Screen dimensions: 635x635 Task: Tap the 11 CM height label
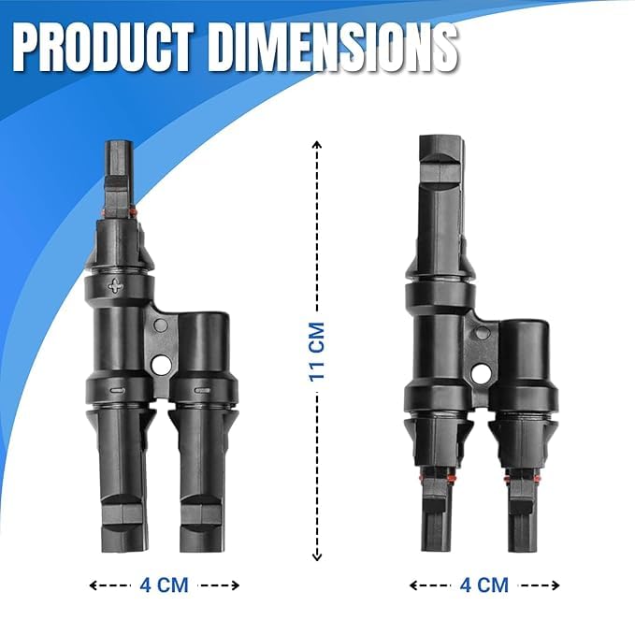click(317, 351)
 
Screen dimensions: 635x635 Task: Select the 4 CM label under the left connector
click(164, 585)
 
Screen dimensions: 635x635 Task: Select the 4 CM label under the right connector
click(483, 585)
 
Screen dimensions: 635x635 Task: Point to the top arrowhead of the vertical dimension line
click(317, 145)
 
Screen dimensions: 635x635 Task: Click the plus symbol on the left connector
click(115, 286)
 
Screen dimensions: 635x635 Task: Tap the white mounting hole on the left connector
click(162, 367)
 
